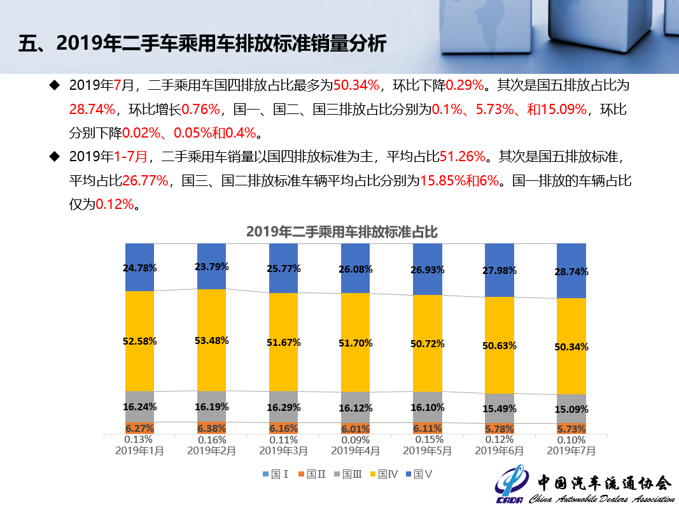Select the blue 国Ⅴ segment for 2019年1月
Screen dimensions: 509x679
click(x=140, y=255)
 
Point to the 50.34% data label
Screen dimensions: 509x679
click(x=571, y=347)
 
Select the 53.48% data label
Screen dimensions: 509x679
click(x=212, y=340)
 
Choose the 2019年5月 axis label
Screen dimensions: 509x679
click(x=428, y=450)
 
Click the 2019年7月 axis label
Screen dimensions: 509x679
click(x=571, y=450)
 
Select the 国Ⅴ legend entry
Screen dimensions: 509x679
click(x=423, y=474)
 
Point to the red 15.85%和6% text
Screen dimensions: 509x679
click(x=459, y=180)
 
